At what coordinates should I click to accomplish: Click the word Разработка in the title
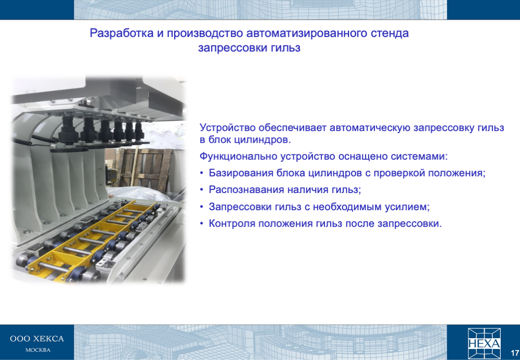pos(122,33)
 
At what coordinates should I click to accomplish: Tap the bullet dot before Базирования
pos(202,173)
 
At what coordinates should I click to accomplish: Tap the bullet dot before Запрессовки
pos(202,207)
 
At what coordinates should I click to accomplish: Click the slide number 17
pos(515,353)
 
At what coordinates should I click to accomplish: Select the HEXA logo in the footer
pos(484,344)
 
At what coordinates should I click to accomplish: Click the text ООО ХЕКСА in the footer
pos(37,339)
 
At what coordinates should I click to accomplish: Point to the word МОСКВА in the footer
pos(38,350)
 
